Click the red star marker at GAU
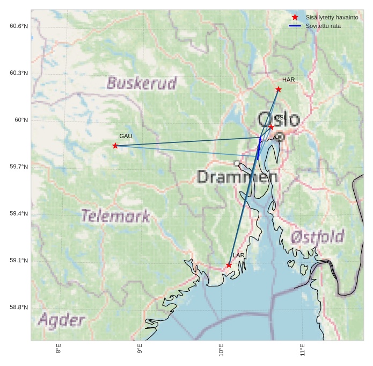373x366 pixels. pos(115,146)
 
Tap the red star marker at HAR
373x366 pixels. pos(279,89)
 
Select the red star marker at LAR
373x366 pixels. pos(229,265)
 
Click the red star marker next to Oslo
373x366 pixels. pos(272,127)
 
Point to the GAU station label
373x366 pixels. pos(126,137)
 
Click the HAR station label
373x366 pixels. pos(289,80)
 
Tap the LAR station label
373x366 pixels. pos(239,255)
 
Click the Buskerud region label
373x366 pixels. pos(142,83)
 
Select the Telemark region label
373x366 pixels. pos(115,216)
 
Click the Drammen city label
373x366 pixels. pos(237,176)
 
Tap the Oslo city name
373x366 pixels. pos(279,119)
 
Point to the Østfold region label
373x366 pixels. pos(317,236)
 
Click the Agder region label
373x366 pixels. pos(61,321)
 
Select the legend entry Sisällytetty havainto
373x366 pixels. pos(332,17)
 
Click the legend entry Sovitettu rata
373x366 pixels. pos(323,26)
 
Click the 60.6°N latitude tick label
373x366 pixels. pos(19,26)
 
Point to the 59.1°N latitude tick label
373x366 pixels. pos(19,261)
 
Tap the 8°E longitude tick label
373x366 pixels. pos(58,350)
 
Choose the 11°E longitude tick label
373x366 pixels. pos(303,350)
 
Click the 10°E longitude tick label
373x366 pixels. pos(222,350)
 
